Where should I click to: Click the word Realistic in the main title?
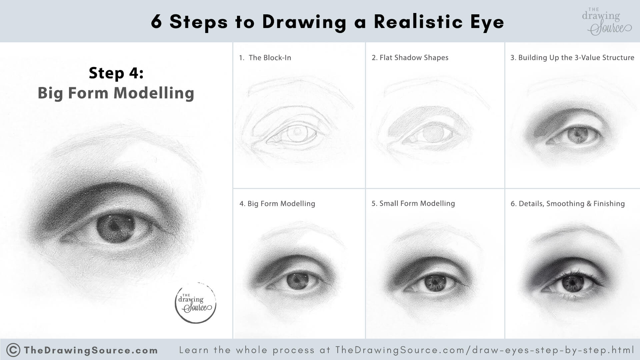(418, 22)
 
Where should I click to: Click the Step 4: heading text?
(116, 73)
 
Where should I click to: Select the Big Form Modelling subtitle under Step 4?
(116, 93)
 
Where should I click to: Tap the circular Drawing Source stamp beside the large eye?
(196, 303)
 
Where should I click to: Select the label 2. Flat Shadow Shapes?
(410, 58)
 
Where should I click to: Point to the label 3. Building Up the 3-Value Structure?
(572, 58)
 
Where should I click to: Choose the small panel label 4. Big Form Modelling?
(277, 204)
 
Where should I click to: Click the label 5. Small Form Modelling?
(413, 203)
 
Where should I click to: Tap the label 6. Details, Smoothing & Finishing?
(567, 204)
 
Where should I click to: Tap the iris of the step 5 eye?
(435, 282)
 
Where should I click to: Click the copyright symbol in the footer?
(13, 350)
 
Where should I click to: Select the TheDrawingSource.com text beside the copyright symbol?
(91, 350)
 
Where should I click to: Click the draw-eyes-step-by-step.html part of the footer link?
(554, 350)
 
